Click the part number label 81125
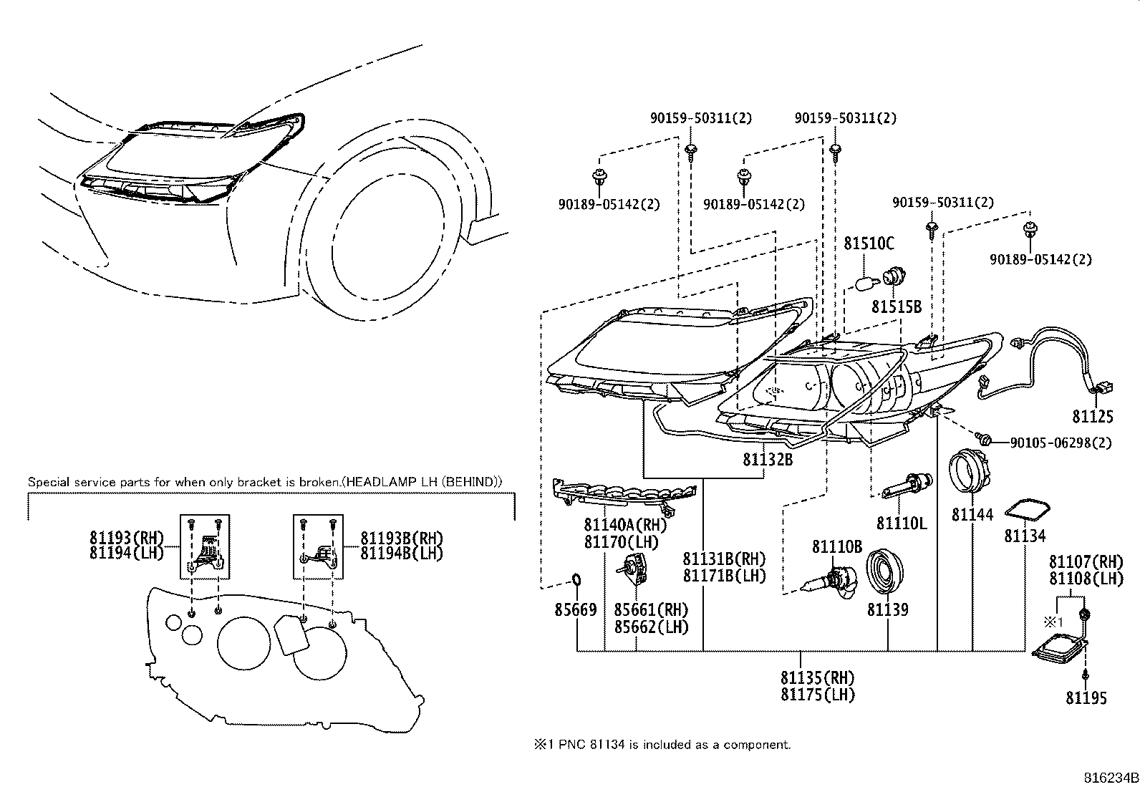point(1093,416)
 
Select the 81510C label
point(869,243)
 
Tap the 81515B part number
point(896,306)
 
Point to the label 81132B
point(768,460)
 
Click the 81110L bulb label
point(902,523)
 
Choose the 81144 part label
point(972,513)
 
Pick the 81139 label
point(887,609)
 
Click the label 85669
point(575,609)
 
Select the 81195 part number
point(1086,697)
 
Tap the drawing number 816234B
point(1110,777)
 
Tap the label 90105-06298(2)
point(1061,443)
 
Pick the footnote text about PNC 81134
point(662,744)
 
